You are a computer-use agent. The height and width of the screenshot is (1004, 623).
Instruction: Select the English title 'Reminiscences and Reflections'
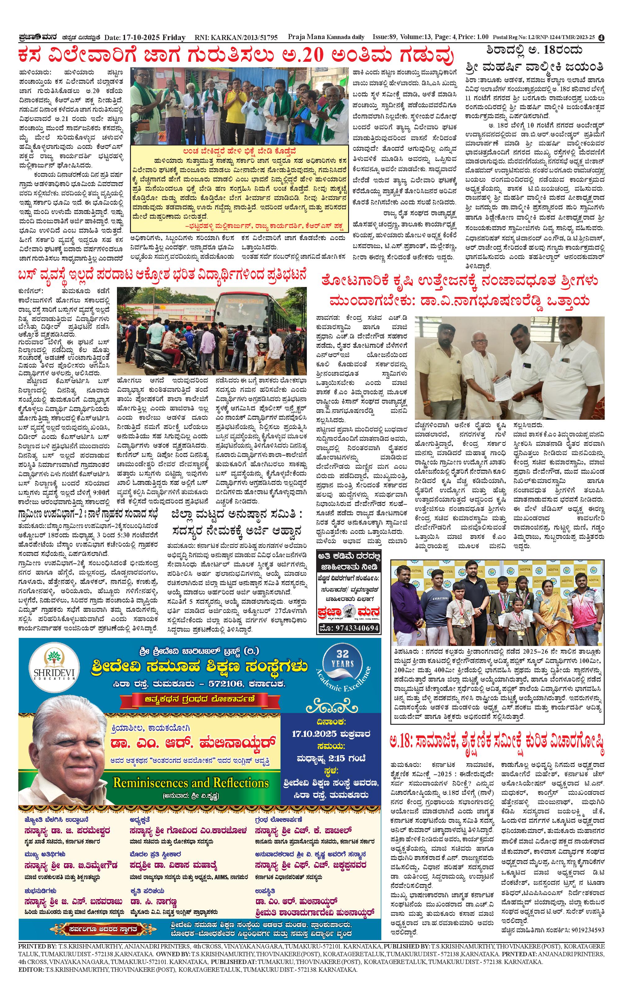point(191,782)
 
